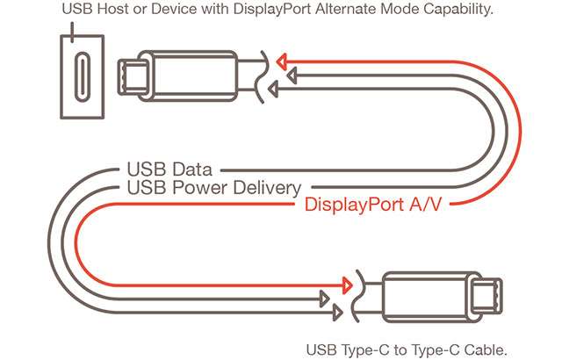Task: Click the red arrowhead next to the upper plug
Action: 281,61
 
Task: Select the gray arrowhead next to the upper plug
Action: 273,89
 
